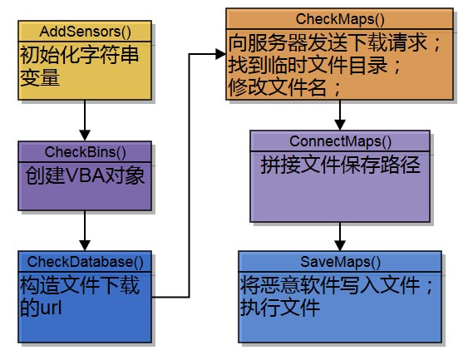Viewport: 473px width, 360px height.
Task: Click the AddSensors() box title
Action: pos(84,32)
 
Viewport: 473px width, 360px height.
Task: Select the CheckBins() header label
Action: pos(84,151)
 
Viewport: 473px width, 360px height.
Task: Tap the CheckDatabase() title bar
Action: pos(86,261)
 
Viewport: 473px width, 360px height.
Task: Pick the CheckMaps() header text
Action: pos(339,18)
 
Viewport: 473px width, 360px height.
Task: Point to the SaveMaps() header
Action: pos(340,261)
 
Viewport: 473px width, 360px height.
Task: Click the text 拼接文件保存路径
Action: pos(340,165)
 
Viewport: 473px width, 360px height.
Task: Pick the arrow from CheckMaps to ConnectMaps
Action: pos(340,114)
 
